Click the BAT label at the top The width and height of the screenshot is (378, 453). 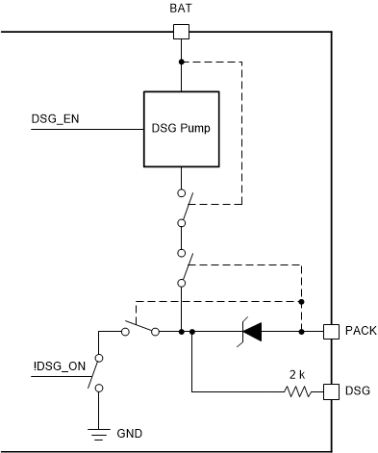[180, 8]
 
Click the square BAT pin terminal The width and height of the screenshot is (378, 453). [180, 31]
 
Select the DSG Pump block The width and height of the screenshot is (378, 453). [180, 128]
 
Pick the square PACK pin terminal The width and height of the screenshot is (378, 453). [330, 331]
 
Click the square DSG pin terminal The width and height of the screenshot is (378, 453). [330, 391]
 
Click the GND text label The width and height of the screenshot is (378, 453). [130, 435]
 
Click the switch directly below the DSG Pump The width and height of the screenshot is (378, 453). [182, 205]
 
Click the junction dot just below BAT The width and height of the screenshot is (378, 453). [180, 63]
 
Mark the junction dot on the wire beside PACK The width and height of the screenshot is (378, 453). [302, 331]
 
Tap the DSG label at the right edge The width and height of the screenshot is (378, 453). [357, 391]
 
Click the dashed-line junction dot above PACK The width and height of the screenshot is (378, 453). [302, 301]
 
